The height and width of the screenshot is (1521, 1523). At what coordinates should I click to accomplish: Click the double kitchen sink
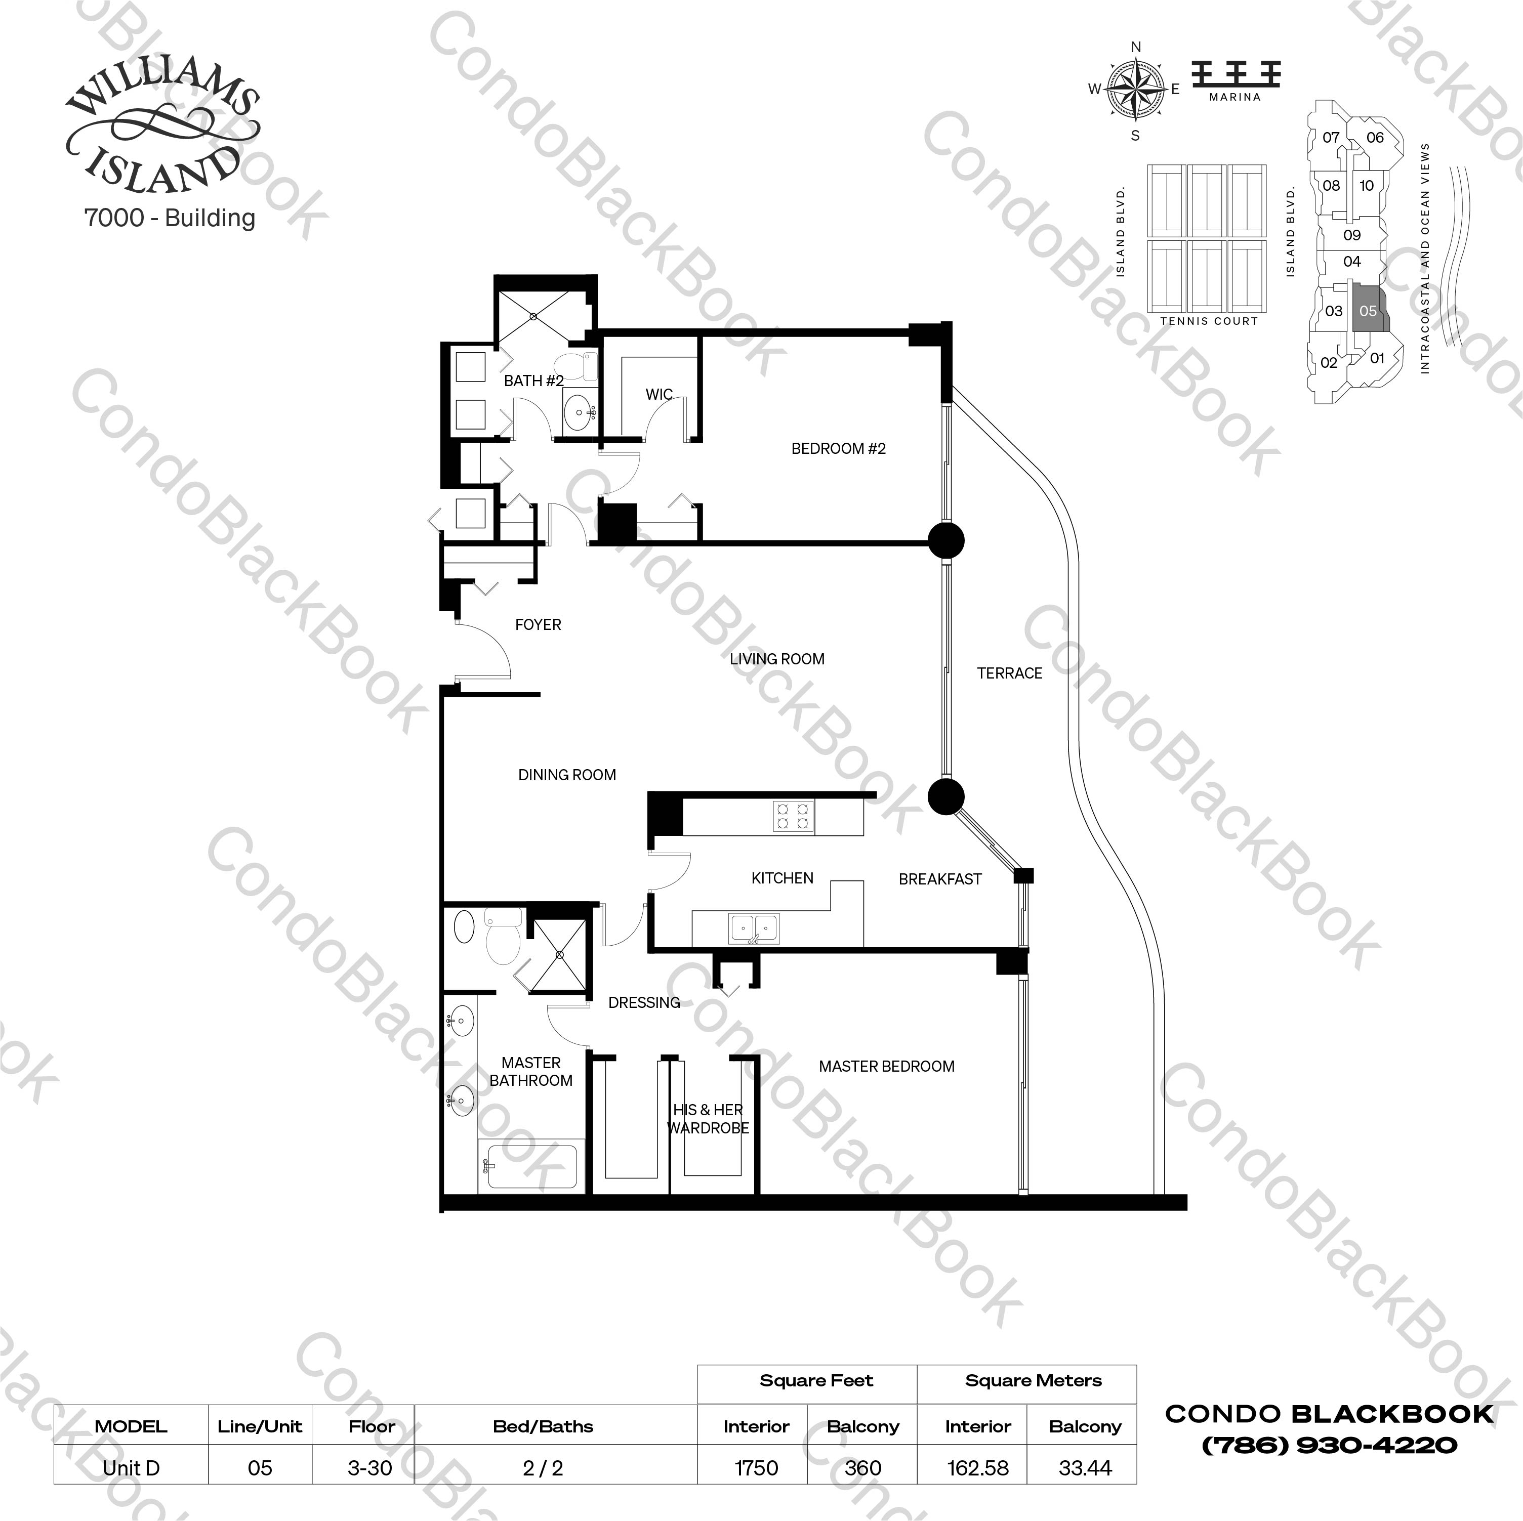coord(754,928)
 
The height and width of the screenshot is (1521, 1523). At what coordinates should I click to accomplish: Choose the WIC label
coord(659,395)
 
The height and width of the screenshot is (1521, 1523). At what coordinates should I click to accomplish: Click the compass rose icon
coord(1135,90)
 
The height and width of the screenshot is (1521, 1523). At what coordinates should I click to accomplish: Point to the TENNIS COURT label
coord(1209,321)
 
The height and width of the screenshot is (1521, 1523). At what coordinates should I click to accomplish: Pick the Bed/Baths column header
coord(543,1426)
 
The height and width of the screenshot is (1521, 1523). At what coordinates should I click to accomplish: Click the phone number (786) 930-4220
coord(1329,1445)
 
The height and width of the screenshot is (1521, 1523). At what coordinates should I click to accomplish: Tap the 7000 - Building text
coord(170,218)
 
